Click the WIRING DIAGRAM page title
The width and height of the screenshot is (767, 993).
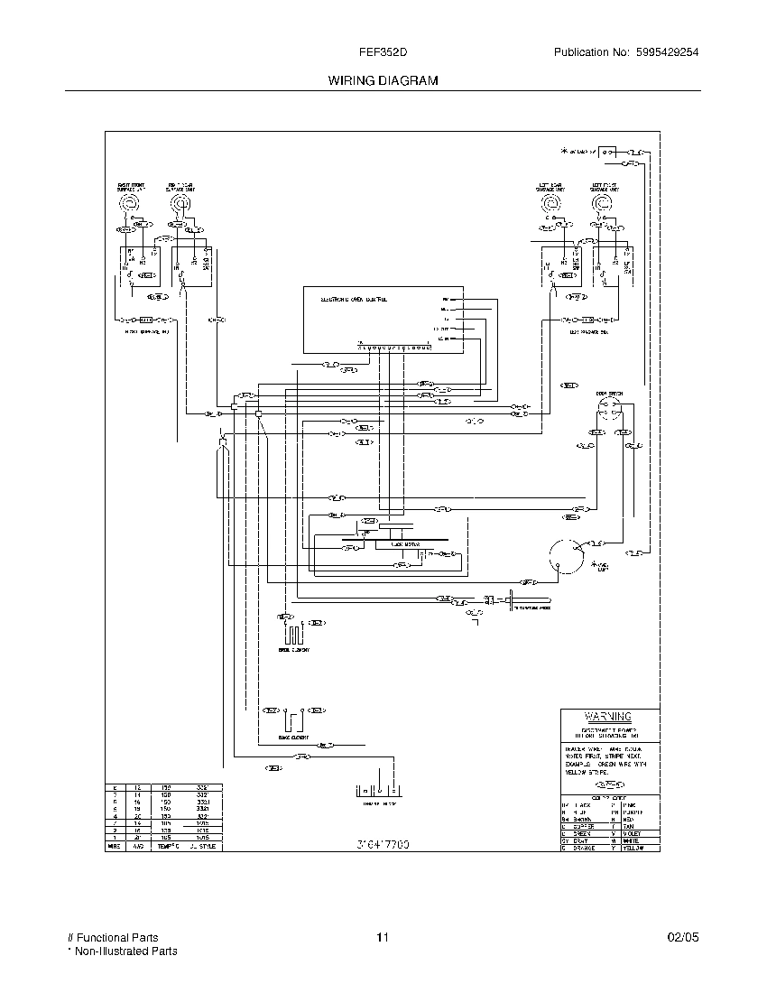click(x=383, y=80)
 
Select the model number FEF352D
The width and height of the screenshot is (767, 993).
click(x=383, y=52)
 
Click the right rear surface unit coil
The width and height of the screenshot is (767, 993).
click(x=182, y=206)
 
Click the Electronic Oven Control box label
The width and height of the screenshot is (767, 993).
click(x=354, y=298)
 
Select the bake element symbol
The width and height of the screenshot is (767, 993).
click(x=291, y=719)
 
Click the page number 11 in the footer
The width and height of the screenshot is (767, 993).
click(x=383, y=938)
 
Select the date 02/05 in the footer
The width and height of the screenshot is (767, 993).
click(x=683, y=938)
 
